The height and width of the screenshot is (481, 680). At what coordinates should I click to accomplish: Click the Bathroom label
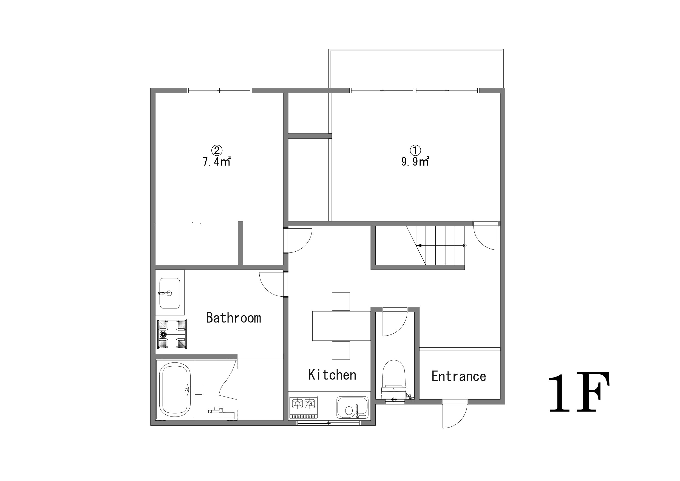click(x=233, y=318)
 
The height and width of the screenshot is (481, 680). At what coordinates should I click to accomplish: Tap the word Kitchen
click(x=332, y=375)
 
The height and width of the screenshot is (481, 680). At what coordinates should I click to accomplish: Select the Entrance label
click(x=459, y=376)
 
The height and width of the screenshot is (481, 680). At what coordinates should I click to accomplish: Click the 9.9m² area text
click(x=415, y=162)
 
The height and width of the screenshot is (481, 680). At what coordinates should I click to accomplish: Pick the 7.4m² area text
click(x=217, y=162)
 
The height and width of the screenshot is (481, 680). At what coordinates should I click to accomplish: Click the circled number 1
click(x=415, y=150)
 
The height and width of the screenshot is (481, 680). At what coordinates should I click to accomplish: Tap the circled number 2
click(x=217, y=150)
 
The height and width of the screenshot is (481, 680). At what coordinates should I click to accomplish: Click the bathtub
click(x=175, y=390)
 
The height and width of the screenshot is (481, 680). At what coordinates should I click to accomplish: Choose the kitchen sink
click(x=352, y=408)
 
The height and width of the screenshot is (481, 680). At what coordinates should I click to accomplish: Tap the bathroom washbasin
click(x=170, y=293)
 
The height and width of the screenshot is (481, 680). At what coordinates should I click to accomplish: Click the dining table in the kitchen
click(x=341, y=326)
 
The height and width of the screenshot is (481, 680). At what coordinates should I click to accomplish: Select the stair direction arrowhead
click(x=419, y=245)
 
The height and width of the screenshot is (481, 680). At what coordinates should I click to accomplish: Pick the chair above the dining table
click(x=341, y=301)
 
